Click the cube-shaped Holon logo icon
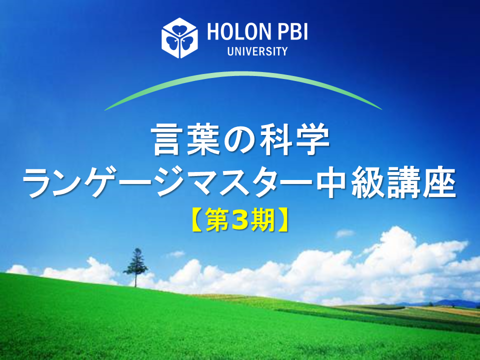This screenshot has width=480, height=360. [x=179, y=38]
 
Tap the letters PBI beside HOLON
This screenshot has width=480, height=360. [x=292, y=32]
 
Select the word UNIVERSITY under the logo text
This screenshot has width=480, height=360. [x=257, y=51]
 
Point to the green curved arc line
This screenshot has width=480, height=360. [x=243, y=74]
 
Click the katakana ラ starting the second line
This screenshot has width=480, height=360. [x=38, y=183]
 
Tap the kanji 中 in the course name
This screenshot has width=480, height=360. [x=332, y=182]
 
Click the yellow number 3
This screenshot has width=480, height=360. [x=240, y=220]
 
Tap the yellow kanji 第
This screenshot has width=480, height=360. [x=217, y=220]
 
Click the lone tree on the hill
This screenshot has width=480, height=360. [x=135, y=267]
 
